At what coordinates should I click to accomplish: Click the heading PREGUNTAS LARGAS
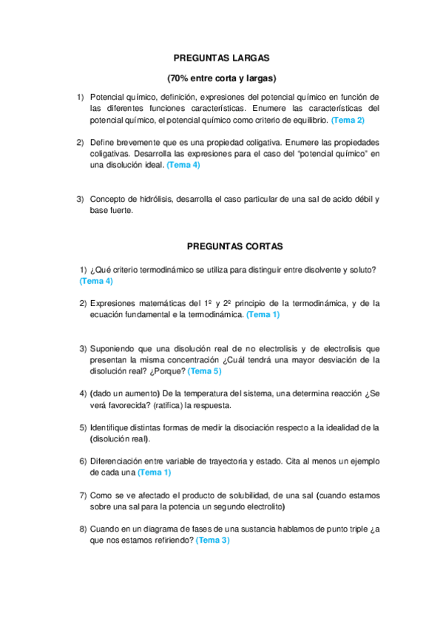pyautogui.click(x=221, y=57)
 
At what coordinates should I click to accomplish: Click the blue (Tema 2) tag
pyautogui.click(x=348, y=119)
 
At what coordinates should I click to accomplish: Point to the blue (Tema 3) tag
pyautogui.click(x=213, y=540)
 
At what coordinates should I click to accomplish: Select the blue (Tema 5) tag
pyautogui.click(x=204, y=371)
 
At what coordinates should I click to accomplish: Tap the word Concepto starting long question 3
pyautogui.click(x=108, y=199)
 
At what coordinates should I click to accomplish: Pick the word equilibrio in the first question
pyautogui.click(x=306, y=119)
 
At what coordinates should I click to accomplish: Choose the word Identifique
pyautogui.click(x=113, y=427)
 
